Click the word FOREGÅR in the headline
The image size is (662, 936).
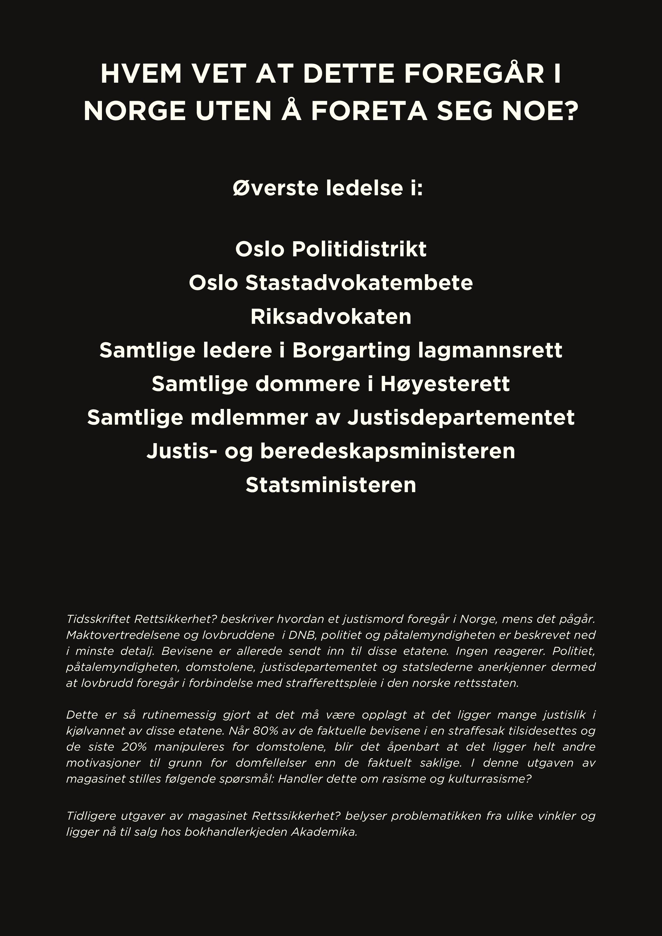[474, 74]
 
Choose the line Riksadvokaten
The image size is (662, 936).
[331, 317]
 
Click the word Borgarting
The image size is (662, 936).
[351, 350]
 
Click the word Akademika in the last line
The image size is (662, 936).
[324, 832]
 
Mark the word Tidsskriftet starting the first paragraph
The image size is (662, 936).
[98, 619]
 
